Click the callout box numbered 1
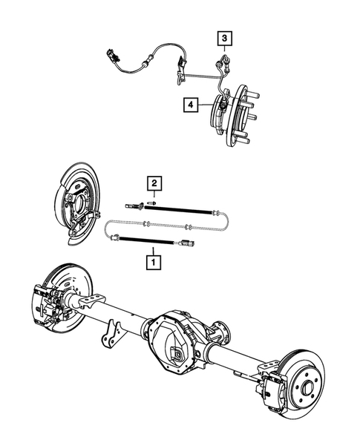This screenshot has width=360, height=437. coord(153,261)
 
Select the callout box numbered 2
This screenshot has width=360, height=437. coord(152,183)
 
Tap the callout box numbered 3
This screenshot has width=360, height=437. coord(223,36)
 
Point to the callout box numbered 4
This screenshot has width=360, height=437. coord(192,107)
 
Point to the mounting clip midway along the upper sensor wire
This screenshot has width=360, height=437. coord(180,72)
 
